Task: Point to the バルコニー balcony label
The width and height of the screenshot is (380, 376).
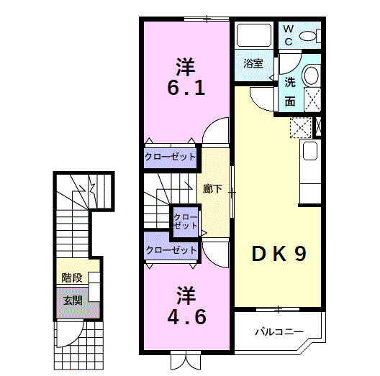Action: [x=279, y=332]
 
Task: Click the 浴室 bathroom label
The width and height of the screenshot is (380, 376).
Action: [x=253, y=63]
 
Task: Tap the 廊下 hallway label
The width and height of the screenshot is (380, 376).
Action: [x=212, y=190]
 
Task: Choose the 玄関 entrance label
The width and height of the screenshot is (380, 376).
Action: [x=72, y=300]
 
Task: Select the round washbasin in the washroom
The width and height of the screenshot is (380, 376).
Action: [x=311, y=75]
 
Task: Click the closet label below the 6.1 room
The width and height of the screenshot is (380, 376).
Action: [x=170, y=157]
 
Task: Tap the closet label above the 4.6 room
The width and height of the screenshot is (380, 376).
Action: [x=171, y=250]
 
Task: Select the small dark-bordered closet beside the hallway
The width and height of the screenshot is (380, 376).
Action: [x=184, y=221]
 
